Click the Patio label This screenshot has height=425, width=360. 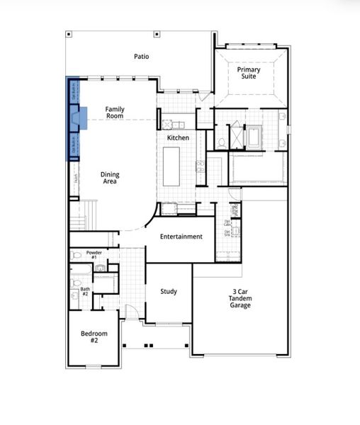(x=142, y=56)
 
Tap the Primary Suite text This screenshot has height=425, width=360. (x=249, y=74)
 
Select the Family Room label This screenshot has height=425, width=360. (x=115, y=112)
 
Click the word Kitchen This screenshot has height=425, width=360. (x=178, y=137)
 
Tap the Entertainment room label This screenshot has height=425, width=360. (x=181, y=237)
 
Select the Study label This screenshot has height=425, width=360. (x=169, y=291)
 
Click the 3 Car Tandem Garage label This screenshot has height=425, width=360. (x=240, y=297)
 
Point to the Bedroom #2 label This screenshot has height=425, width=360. (x=94, y=336)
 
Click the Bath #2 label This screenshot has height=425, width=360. (x=85, y=291)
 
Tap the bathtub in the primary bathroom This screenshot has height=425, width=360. (x=254, y=134)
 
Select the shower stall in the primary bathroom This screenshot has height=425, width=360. (x=234, y=132)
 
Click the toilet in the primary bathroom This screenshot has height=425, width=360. (x=221, y=142)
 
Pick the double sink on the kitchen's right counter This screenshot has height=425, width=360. (x=201, y=167)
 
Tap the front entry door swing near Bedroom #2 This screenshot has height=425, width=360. (x=125, y=310)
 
